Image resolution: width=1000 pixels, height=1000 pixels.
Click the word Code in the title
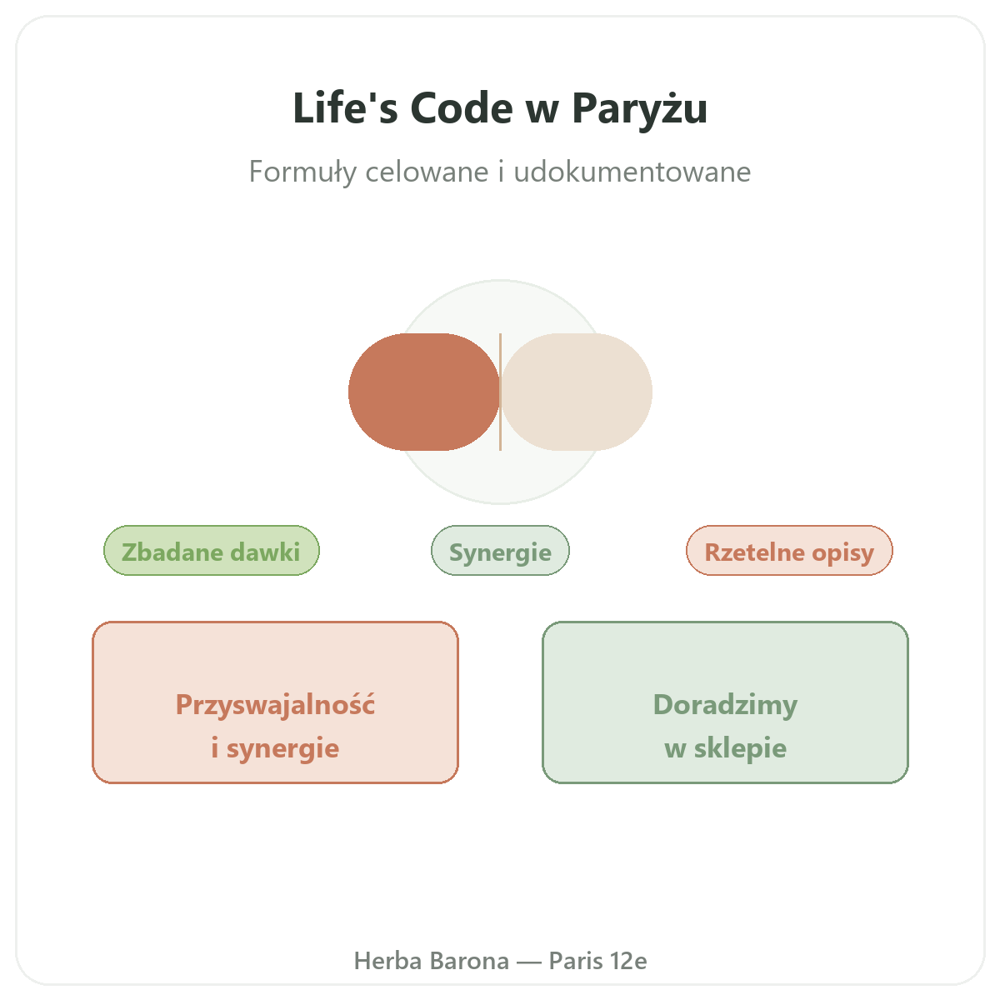[462, 108]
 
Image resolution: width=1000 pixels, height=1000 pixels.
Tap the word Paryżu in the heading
[639, 109]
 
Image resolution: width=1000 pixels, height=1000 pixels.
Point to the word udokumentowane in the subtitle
[632, 172]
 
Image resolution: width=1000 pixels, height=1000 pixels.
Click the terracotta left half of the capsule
[424, 392]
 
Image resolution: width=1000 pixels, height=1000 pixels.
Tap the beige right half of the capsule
[576, 392]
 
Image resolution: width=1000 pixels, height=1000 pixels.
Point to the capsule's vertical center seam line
[500, 392]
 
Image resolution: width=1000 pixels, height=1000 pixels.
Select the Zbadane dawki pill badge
[211, 550]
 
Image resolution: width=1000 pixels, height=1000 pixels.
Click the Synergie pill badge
[500, 550]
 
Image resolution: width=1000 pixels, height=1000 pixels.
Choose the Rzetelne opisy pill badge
[789, 550]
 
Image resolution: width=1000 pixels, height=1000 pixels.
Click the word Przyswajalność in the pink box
[275, 705]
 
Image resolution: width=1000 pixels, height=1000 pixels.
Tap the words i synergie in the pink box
[275, 748]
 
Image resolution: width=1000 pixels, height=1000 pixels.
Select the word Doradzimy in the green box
[725, 705]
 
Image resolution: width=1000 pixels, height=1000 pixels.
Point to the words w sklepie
[725, 748]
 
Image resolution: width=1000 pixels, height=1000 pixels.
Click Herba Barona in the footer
[431, 961]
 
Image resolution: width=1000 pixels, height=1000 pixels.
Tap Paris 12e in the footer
[597, 961]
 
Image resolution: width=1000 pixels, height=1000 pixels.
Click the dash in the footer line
[529, 962]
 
